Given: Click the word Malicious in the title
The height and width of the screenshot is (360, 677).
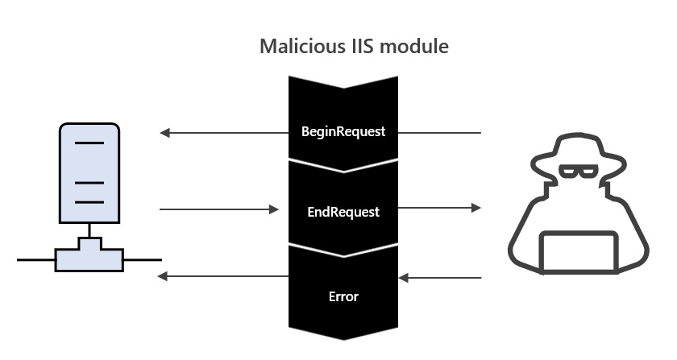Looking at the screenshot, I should pyautogui.click(x=296, y=47).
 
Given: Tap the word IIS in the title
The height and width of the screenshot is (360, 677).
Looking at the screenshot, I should pyautogui.click(x=354, y=47).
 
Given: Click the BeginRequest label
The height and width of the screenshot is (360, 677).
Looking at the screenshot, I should pyautogui.click(x=343, y=131).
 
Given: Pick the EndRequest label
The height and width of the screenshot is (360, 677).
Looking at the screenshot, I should pyautogui.click(x=343, y=213).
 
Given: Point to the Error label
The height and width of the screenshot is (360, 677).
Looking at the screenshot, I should pyautogui.click(x=343, y=296).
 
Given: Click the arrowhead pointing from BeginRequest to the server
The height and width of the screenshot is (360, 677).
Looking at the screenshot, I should pyautogui.click(x=165, y=133).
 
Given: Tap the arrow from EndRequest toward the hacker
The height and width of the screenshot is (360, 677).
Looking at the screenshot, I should pyautogui.click(x=439, y=208).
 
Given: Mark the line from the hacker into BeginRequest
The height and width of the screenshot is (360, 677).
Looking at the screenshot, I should pyautogui.click(x=440, y=132).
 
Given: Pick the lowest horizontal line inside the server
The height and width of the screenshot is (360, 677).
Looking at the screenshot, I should pyautogui.click(x=89, y=202).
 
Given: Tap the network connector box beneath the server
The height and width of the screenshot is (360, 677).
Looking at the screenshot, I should pyautogui.click(x=89, y=259).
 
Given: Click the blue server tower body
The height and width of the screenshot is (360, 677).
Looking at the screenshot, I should pyautogui.click(x=89, y=172).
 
